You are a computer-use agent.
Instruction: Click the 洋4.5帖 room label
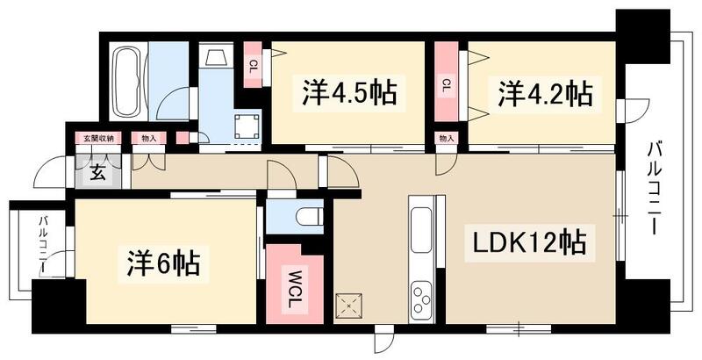point(348,92)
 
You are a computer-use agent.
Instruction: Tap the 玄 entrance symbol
point(94,172)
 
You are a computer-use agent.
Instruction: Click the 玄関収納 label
point(98,138)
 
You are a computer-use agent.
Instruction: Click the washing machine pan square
point(246,126)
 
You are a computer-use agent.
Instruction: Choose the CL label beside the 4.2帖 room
point(446,84)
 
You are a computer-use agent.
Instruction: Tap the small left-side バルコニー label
point(41,248)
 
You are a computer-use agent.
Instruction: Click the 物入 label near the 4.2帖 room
point(446,139)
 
